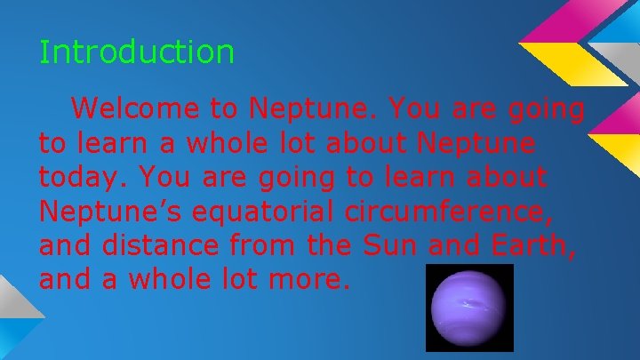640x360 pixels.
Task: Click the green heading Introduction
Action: [x=137, y=52]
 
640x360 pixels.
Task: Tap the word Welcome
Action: [x=137, y=109]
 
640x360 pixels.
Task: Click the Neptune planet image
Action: [x=469, y=308]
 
